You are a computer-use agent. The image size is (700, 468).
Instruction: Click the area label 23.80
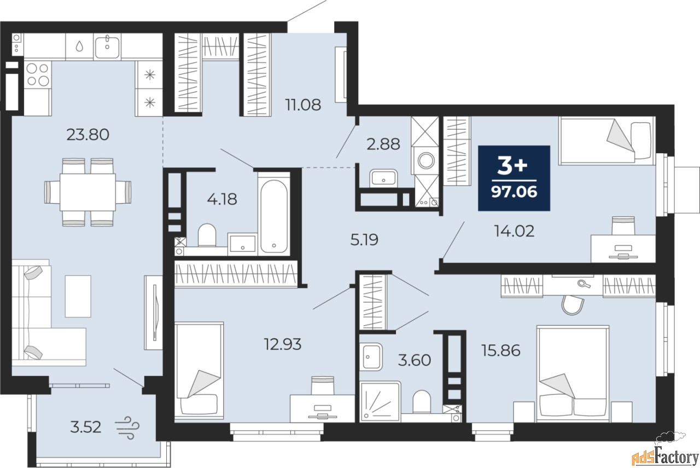point(88,135)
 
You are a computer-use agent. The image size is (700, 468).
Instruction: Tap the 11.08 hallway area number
point(303,105)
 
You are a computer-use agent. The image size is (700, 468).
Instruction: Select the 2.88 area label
point(383,144)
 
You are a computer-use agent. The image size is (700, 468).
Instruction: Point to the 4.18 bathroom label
point(222,199)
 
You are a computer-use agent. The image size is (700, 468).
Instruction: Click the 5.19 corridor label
point(364,240)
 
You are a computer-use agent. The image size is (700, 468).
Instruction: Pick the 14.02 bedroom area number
point(514,231)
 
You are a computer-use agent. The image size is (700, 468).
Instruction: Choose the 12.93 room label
point(283,344)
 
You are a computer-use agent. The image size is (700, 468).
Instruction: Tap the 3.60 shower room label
point(415,360)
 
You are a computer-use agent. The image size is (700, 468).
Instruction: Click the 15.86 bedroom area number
point(500,350)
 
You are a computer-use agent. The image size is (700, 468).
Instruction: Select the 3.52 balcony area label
point(86,427)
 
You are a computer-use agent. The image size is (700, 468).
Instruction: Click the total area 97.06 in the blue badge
point(514,192)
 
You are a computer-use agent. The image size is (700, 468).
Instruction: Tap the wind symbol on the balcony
point(127,427)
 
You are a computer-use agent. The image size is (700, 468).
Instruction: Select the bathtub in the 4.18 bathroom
point(274,216)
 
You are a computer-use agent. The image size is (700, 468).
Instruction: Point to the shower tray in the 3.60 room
point(380,401)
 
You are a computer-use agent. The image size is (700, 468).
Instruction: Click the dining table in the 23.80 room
point(88,192)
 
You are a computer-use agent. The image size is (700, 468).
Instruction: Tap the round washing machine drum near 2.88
point(425,161)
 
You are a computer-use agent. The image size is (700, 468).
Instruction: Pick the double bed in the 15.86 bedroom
point(573,373)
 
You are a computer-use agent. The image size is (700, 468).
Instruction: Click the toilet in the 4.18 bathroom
point(207,235)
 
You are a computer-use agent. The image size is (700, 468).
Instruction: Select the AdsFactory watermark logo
point(660,452)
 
